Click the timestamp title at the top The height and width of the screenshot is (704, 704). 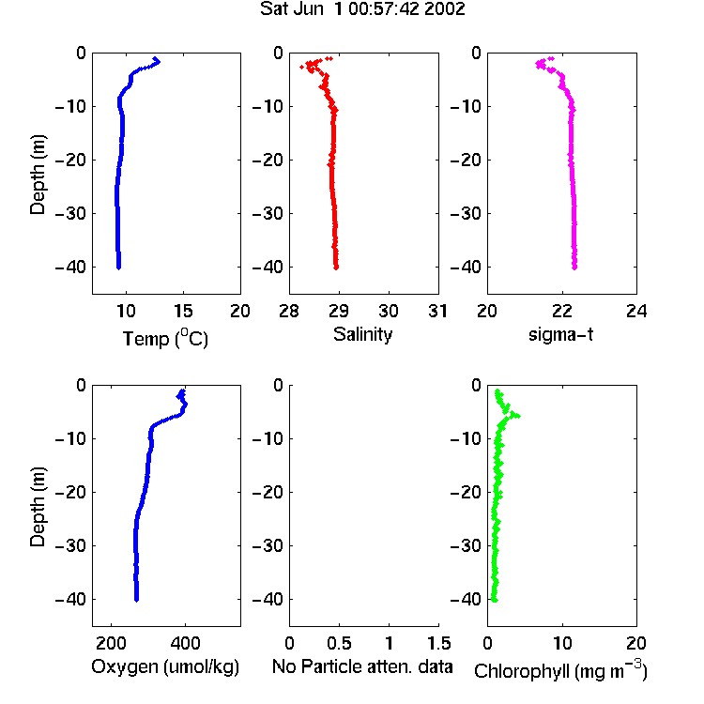[x=362, y=8]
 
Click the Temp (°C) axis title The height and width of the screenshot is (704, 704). [x=165, y=338]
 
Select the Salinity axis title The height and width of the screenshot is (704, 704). [x=362, y=334]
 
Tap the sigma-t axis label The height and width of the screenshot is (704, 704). [x=560, y=334]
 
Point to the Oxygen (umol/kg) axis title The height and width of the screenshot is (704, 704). [x=165, y=666]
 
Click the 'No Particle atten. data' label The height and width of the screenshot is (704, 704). [x=362, y=666]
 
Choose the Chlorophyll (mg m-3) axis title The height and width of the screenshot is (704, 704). [x=560, y=670]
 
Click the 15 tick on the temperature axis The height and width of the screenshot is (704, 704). [x=183, y=311]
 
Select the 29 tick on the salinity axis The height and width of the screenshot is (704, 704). [x=339, y=311]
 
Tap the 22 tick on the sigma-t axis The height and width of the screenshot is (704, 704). [x=562, y=311]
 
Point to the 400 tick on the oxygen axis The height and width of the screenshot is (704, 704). [x=185, y=643]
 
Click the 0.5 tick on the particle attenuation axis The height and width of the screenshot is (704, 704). [x=339, y=643]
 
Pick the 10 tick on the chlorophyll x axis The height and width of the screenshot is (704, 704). [x=562, y=643]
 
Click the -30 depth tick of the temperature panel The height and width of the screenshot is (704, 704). [x=70, y=213]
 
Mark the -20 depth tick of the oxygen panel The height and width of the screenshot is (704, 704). [x=70, y=492]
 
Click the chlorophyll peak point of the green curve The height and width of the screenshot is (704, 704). [x=518, y=416]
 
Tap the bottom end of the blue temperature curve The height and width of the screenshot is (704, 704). [x=118, y=268]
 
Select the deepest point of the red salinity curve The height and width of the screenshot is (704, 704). [x=336, y=268]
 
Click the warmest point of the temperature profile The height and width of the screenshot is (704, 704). [x=158, y=62]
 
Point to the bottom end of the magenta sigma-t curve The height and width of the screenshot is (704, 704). [x=574, y=268]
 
